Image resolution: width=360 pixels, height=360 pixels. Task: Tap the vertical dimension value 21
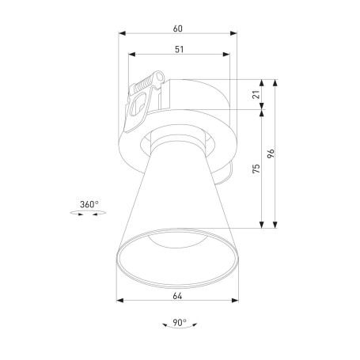(255, 95)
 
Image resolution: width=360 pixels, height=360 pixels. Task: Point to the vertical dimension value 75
(255, 169)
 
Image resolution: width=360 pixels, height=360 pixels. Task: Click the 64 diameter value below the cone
(177, 296)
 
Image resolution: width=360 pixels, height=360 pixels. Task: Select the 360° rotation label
(89, 206)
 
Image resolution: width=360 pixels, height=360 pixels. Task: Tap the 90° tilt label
(179, 323)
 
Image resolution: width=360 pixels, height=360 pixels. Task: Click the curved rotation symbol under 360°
(89, 218)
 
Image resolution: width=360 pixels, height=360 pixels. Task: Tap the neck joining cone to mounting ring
(178, 142)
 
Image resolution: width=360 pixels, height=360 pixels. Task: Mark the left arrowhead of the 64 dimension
(119, 300)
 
